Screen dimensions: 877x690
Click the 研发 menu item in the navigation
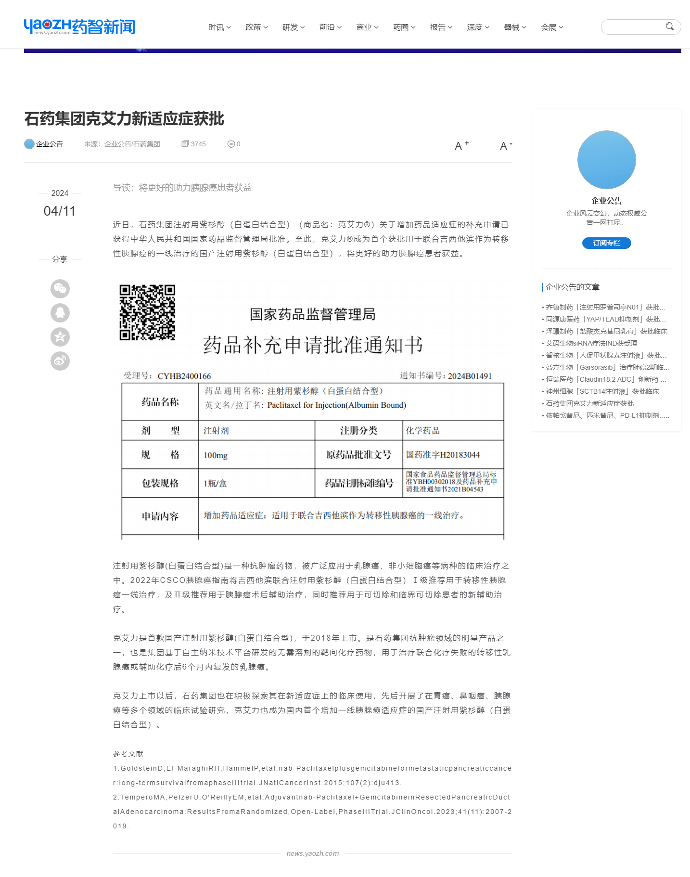293,27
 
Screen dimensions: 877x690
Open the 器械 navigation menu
514,27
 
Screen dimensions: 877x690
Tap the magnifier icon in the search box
669,26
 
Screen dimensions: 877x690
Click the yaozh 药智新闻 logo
79,27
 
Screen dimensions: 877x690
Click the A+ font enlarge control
461,145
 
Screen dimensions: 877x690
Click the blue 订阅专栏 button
606,243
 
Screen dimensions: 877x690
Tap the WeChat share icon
60,289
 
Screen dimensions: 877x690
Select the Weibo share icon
60,361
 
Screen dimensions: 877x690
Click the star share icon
60,337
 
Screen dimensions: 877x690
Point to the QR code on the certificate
147,312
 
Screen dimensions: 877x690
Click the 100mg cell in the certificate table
216,455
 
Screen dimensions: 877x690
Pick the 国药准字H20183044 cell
443,455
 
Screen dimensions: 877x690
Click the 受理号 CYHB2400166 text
167,376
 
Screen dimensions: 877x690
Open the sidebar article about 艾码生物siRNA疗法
591,343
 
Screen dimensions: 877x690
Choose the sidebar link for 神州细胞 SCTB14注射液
602,391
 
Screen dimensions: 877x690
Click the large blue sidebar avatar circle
606,160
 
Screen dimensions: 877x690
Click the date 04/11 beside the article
60,211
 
